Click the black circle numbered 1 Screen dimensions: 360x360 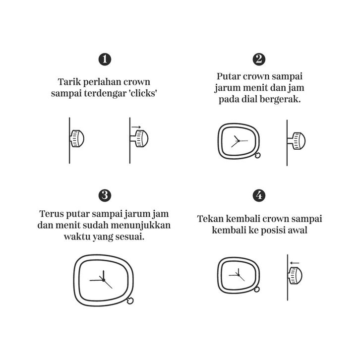coord(105,60)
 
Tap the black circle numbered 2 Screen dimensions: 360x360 coord(259,60)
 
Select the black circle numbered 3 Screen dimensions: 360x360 coord(105,195)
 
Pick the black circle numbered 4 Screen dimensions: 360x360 coord(259,195)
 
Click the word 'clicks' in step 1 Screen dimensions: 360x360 coord(144,93)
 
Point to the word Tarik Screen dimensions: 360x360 coord(69,82)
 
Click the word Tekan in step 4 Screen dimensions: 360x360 coord(210,219)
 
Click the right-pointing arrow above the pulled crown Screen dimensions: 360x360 coord(136,127)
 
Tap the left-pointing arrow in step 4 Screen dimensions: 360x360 coord(295,263)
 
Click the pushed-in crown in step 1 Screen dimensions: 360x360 coord(77,138)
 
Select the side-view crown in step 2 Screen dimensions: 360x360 coord(297,141)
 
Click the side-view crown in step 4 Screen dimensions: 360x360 coord(295,276)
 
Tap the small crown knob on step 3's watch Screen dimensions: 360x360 coord(130,300)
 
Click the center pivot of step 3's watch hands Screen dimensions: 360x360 coord(104,280)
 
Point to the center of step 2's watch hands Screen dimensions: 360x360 coord(239,141)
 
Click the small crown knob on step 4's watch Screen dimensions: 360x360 coord(257,290)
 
